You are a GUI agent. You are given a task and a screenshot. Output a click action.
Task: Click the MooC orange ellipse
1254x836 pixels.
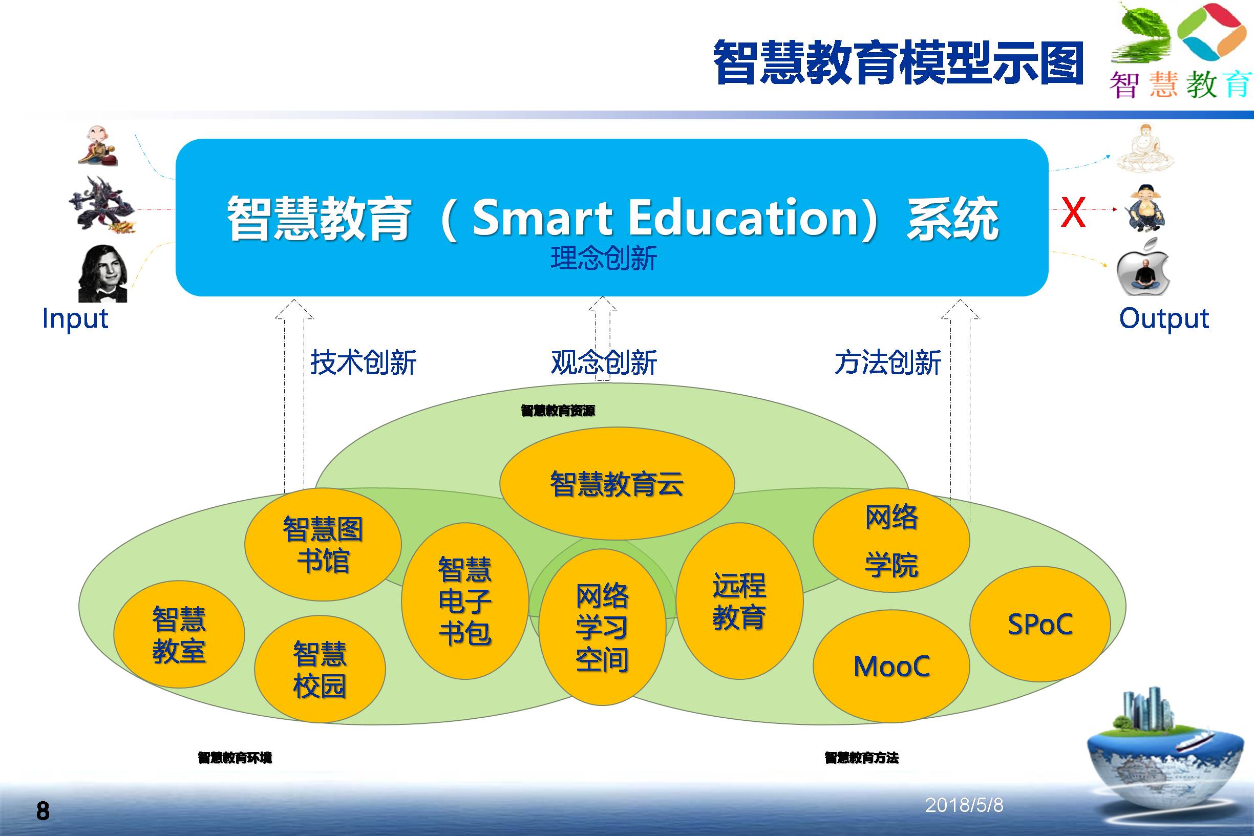(x=891, y=666)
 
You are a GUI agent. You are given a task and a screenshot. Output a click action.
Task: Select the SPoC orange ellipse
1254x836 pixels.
(x=1039, y=624)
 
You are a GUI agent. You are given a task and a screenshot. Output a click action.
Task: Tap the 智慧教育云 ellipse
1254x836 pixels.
(x=617, y=484)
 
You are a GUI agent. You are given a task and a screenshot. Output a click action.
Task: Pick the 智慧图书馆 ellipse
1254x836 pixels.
(x=323, y=544)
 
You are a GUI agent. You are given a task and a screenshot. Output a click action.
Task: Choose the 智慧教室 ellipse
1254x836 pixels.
(x=179, y=634)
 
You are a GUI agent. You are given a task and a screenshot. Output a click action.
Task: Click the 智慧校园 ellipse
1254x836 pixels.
(x=320, y=670)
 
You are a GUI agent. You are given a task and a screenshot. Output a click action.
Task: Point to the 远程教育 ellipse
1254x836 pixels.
(x=739, y=601)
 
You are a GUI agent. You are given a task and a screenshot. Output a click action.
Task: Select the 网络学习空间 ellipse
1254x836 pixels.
(x=602, y=627)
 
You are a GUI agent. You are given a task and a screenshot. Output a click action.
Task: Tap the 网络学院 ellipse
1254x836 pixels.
(x=891, y=540)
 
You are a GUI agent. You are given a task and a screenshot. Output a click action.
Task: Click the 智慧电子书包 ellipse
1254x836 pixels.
(x=465, y=601)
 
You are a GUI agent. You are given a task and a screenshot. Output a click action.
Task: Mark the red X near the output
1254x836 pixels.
(x=1073, y=211)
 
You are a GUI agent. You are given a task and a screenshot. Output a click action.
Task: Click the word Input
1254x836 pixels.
(x=75, y=319)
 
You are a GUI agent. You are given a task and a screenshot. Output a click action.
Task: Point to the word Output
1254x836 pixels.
(x=1164, y=319)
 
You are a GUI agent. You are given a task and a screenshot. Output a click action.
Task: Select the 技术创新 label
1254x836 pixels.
(x=363, y=362)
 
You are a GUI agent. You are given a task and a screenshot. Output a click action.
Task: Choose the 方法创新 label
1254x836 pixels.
(x=888, y=362)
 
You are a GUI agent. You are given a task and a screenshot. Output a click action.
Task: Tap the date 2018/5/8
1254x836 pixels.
(x=964, y=805)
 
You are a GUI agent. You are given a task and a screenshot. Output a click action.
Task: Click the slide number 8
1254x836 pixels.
(x=42, y=811)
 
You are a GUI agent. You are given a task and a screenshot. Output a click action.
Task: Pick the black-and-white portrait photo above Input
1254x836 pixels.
(x=103, y=273)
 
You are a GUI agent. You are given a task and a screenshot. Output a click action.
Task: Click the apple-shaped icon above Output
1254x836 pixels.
(x=1143, y=268)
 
